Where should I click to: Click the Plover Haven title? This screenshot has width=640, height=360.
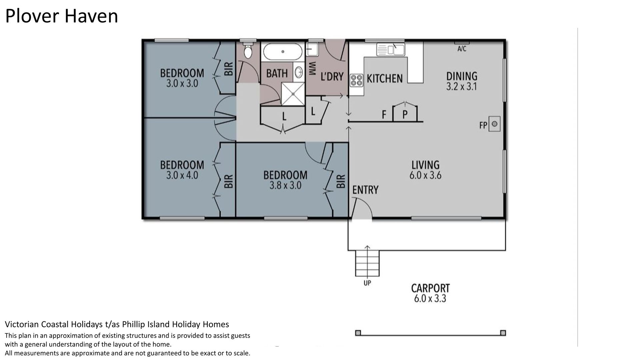[x=62, y=16]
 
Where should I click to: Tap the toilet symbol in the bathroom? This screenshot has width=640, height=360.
[x=248, y=50]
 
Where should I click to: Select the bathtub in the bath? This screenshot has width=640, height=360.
[x=283, y=52]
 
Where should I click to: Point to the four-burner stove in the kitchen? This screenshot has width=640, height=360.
[x=356, y=80]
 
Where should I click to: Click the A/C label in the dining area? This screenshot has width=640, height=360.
[x=462, y=49]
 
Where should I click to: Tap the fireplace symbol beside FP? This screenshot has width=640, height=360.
[x=494, y=124]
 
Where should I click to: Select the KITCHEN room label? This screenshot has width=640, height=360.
[x=385, y=78]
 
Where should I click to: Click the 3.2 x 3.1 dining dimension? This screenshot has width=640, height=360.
[x=462, y=87]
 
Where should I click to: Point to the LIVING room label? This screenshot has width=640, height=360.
[x=425, y=165]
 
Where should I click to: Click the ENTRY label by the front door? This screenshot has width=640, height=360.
[x=365, y=190]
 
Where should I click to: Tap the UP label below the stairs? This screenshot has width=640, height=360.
[x=367, y=283]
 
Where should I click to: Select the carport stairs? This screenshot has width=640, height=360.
[x=367, y=263]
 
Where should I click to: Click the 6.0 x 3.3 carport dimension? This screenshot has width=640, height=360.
[x=430, y=298]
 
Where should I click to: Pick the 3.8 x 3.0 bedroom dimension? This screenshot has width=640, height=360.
[x=285, y=185]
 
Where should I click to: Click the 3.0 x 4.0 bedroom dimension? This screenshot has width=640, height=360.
[x=182, y=175]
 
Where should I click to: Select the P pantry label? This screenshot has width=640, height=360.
[x=405, y=114]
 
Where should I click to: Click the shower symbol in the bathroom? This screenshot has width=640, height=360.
[x=293, y=94]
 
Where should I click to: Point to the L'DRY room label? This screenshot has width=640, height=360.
[x=332, y=77]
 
